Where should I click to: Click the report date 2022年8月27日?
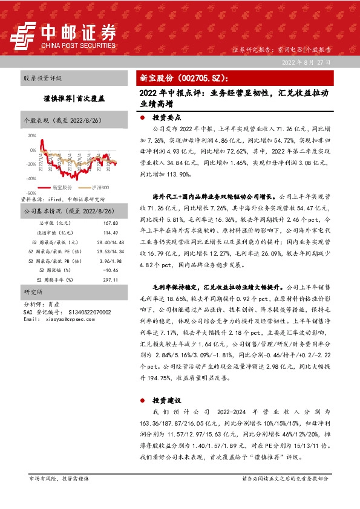coord(307,62)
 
